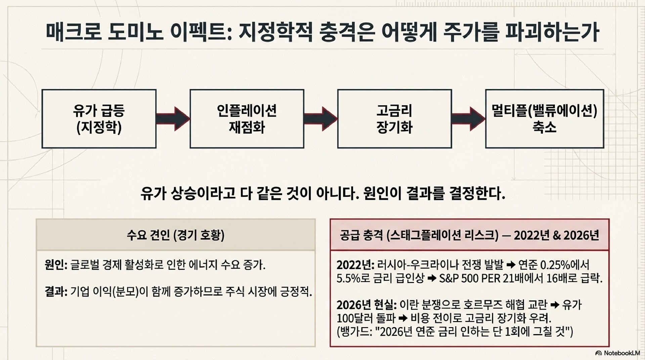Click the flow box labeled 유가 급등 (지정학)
coord(99,119)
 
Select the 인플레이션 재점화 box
coord(247,119)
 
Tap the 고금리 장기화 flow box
coord(394,119)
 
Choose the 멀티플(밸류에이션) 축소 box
coord(544,119)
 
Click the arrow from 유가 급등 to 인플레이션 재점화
coord(173,119)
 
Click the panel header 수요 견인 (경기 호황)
coord(175,235)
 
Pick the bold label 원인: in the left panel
coord(56,265)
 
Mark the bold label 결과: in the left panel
coord(56,291)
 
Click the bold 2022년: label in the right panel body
coord(355,265)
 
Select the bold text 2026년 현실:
coord(367,305)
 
